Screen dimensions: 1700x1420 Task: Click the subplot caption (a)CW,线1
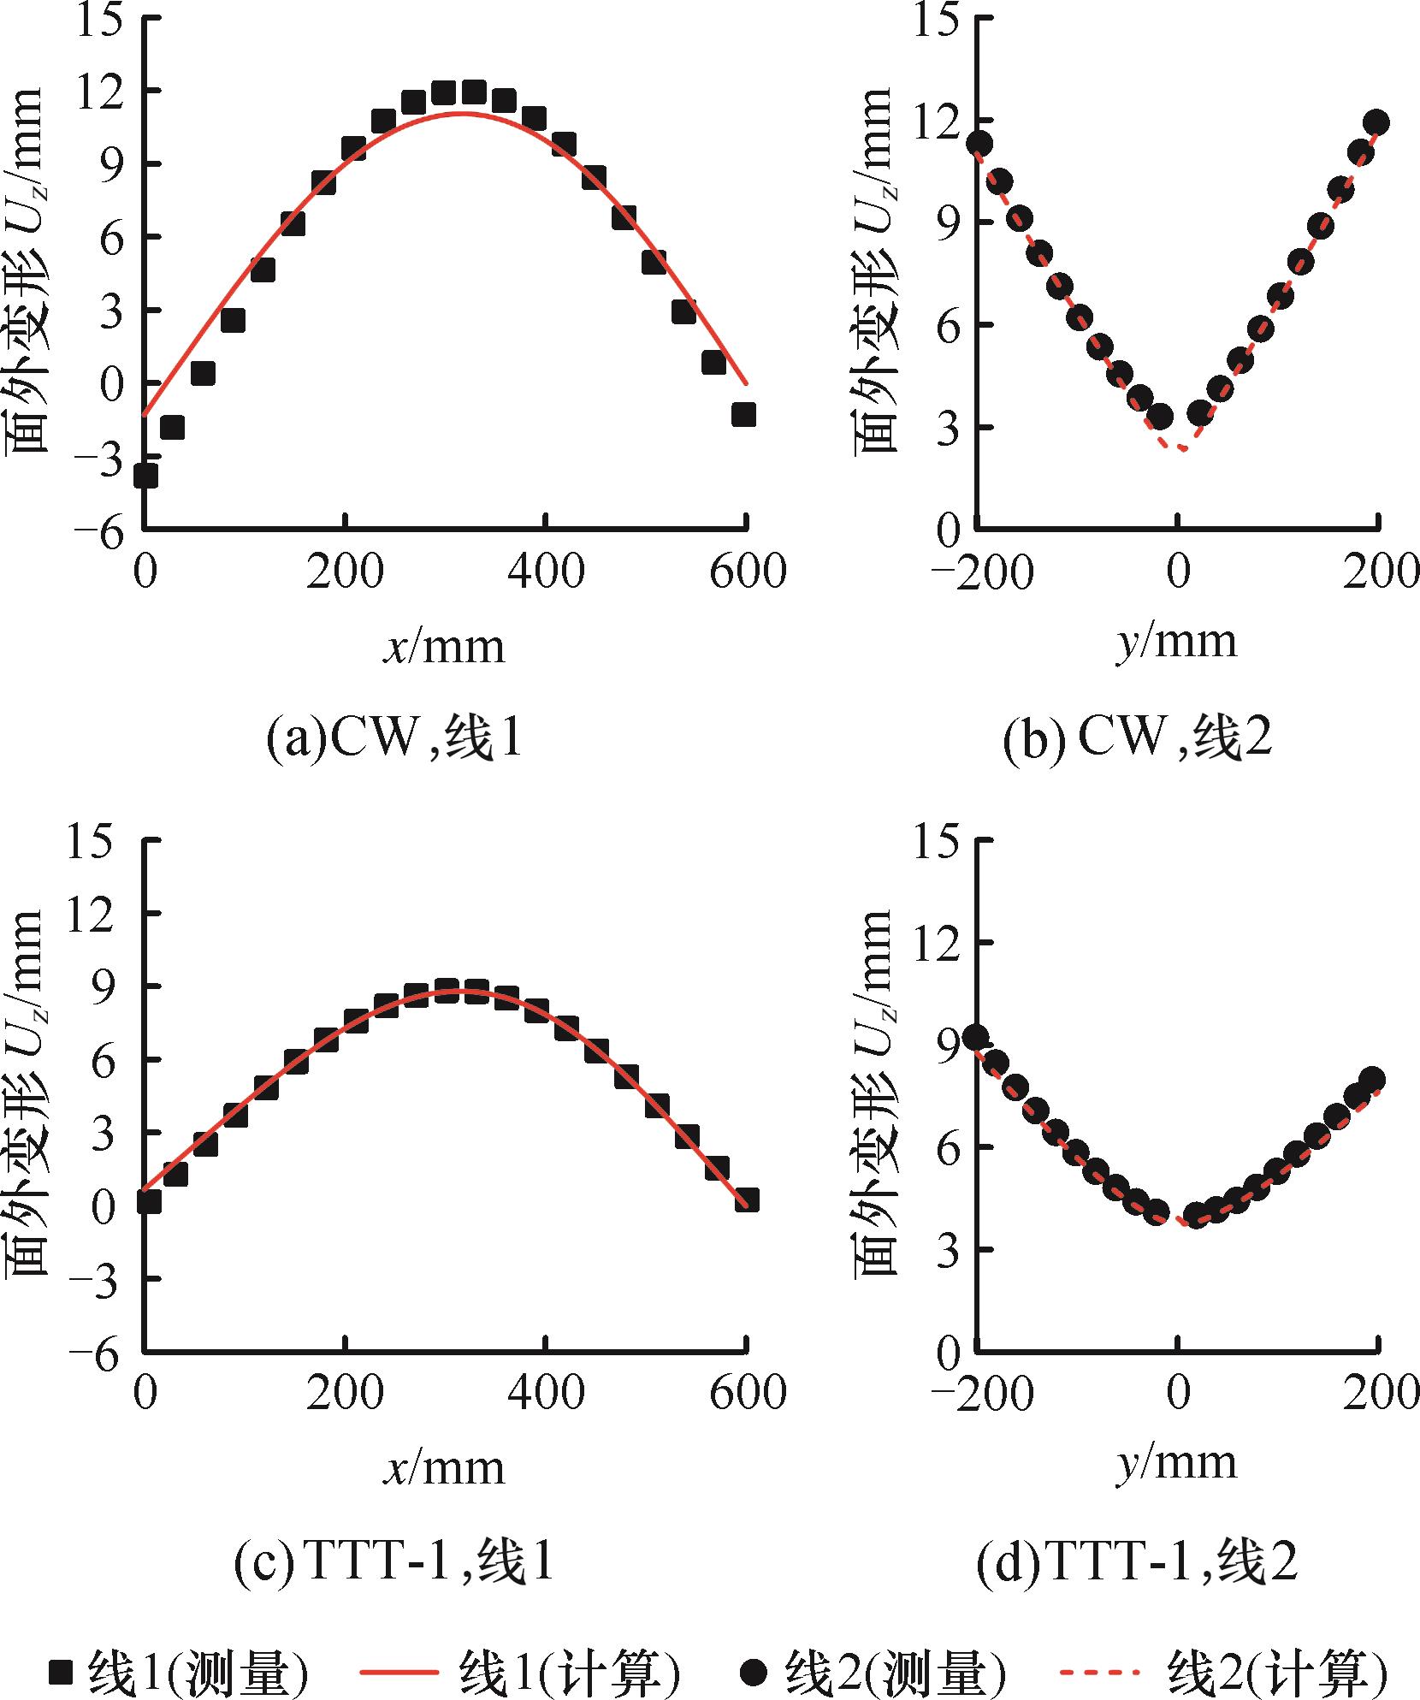tap(393, 738)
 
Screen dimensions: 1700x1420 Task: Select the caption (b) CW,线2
tap(1137, 738)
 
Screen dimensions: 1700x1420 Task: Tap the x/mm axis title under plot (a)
tap(444, 648)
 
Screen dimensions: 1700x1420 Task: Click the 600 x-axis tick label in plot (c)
tap(747, 1393)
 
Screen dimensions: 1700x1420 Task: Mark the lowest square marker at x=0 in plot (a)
tap(145, 476)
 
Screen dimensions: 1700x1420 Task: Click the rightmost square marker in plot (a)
tap(743, 414)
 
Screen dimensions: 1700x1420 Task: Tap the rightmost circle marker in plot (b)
tap(1376, 122)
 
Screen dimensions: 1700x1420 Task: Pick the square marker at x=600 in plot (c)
tap(747, 1200)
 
